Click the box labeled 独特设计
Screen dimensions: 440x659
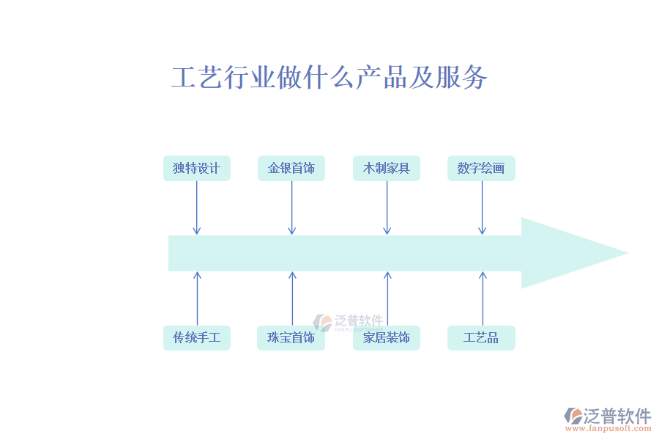pos(196,169)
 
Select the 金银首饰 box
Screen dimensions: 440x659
pos(291,169)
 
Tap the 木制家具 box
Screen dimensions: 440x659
pos(387,169)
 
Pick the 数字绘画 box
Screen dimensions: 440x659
pos(481,169)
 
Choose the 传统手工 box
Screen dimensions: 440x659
pos(196,338)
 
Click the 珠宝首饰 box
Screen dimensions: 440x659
pos(291,338)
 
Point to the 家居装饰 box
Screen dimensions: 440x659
pos(387,338)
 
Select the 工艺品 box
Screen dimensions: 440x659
pos(481,338)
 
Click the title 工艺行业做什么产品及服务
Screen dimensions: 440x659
pos(329,77)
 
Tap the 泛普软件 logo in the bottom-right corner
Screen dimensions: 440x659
pos(608,415)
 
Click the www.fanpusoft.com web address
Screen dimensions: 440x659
pos(609,428)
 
